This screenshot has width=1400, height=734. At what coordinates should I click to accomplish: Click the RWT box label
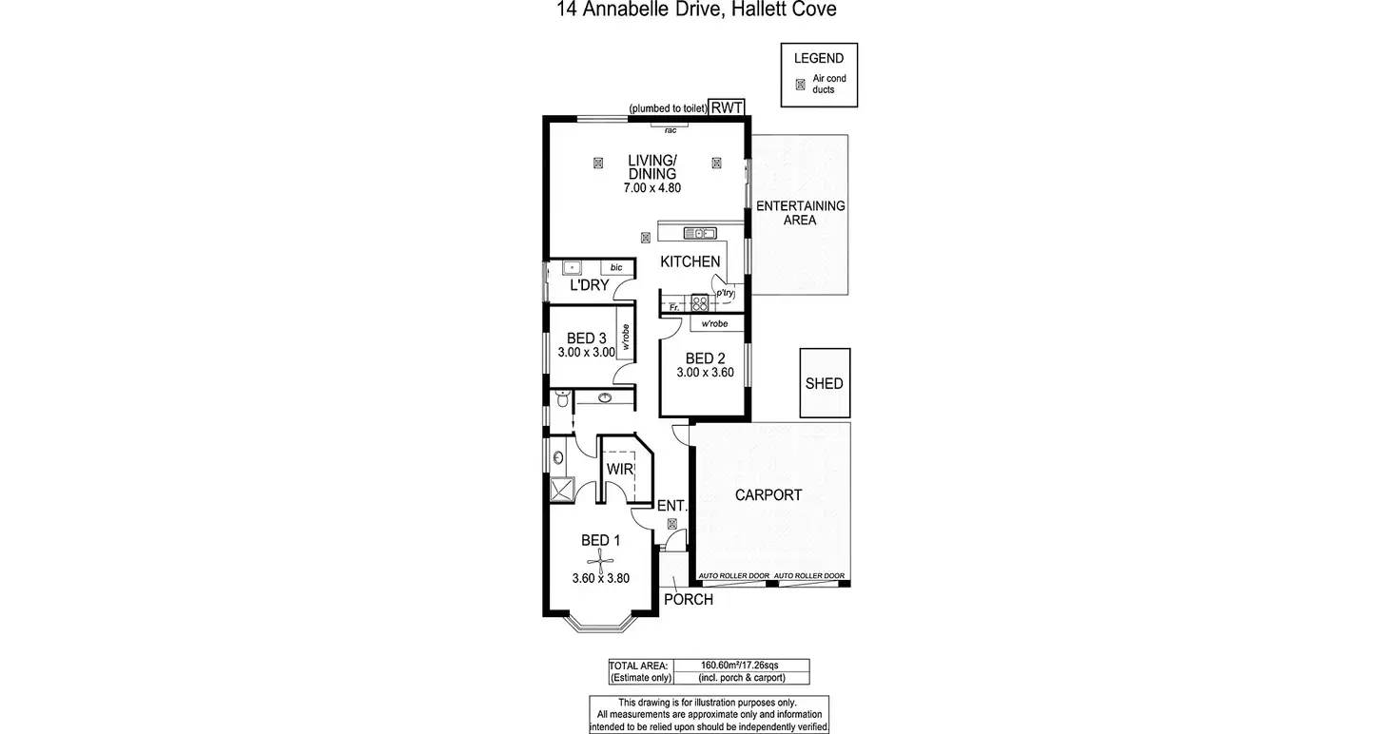coord(732,107)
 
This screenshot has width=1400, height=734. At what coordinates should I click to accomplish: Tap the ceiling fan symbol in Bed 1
coord(601,561)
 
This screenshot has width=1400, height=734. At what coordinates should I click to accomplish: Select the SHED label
coord(824,384)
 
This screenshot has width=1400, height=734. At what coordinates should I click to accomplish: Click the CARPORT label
coord(768,494)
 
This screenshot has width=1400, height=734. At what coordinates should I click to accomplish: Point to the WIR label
coord(620,469)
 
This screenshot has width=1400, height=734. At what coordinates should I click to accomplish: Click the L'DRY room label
coord(589,284)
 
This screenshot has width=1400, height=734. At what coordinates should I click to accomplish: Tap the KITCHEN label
coord(690,261)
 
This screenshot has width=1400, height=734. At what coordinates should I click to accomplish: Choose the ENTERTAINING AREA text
coord(800,213)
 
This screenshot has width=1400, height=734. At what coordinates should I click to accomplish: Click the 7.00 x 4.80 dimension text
coord(651,188)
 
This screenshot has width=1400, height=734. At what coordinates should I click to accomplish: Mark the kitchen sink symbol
coord(699,233)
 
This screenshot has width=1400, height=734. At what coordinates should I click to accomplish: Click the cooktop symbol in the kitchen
coord(700,303)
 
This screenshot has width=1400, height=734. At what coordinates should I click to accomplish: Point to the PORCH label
coord(688,600)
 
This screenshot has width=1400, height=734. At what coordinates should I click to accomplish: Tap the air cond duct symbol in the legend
coord(800,85)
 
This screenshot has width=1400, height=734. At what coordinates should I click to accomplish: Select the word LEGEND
coord(819,58)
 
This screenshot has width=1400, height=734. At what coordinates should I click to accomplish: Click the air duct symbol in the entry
coord(672,524)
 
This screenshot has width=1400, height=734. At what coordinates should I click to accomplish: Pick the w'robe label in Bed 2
coord(714,323)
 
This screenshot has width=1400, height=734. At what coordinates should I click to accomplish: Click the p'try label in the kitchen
coord(726,294)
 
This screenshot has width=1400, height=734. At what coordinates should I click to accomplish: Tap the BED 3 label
coord(586,338)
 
